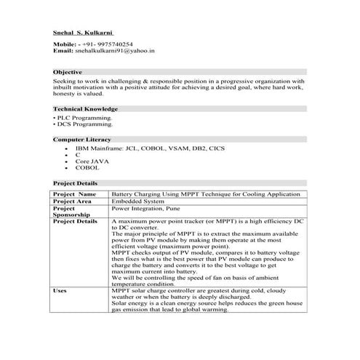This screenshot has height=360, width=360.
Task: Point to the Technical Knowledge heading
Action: [x=86, y=109]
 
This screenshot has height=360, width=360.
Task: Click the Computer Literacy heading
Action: [x=82, y=139]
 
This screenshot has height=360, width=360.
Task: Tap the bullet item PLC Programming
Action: [x=84, y=117]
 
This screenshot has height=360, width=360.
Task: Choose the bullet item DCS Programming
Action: [x=84, y=124]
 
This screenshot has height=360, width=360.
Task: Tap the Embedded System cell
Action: [x=137, y=201]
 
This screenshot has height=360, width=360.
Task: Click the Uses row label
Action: [x=61, y=290]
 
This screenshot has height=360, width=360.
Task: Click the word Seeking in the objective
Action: [x=65, y=82]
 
